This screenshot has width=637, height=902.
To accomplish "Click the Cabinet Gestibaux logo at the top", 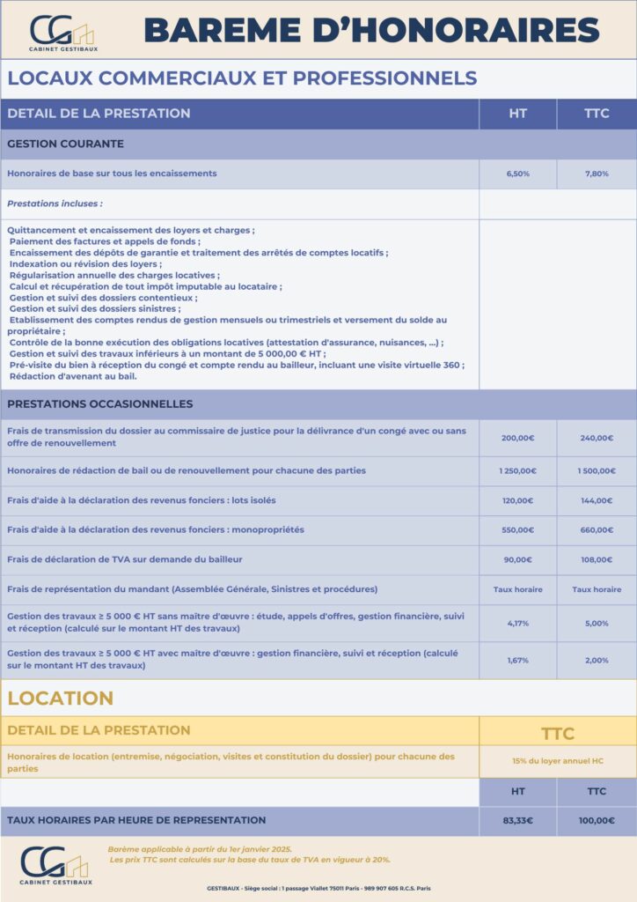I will (62, 33).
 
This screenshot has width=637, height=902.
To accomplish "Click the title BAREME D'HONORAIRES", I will (370, 31).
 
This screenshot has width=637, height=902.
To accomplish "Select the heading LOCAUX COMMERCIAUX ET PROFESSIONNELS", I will (242, 78).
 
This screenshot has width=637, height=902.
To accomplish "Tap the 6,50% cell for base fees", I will (517, 174).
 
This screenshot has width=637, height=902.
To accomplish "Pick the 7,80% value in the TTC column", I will (597, 174).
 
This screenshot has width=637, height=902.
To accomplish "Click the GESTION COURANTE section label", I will (65, 144).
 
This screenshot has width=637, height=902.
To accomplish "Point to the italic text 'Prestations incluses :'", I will (55, 203).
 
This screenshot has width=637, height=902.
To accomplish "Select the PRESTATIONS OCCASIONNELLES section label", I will (99, 404).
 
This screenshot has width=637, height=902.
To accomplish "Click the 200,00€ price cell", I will (517, 438).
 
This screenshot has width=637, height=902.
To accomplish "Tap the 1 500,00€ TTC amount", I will (597, 470).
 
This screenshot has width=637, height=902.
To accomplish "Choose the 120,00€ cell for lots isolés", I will (517, 500).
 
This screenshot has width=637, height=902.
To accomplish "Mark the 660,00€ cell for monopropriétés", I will (597, 530).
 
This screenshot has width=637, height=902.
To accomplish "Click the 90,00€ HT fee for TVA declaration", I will (517, 559).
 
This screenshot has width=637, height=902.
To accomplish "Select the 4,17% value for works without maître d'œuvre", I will (517, 624).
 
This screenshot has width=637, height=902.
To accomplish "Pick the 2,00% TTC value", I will (597, 661).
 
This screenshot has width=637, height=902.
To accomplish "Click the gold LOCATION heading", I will (60, 699).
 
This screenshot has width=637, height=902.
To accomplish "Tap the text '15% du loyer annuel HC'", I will (557, 761).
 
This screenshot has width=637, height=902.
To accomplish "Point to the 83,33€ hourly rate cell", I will (517, 821).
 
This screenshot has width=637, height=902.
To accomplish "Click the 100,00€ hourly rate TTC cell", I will (597, 821).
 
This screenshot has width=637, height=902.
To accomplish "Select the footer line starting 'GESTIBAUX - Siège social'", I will (318, 888).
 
